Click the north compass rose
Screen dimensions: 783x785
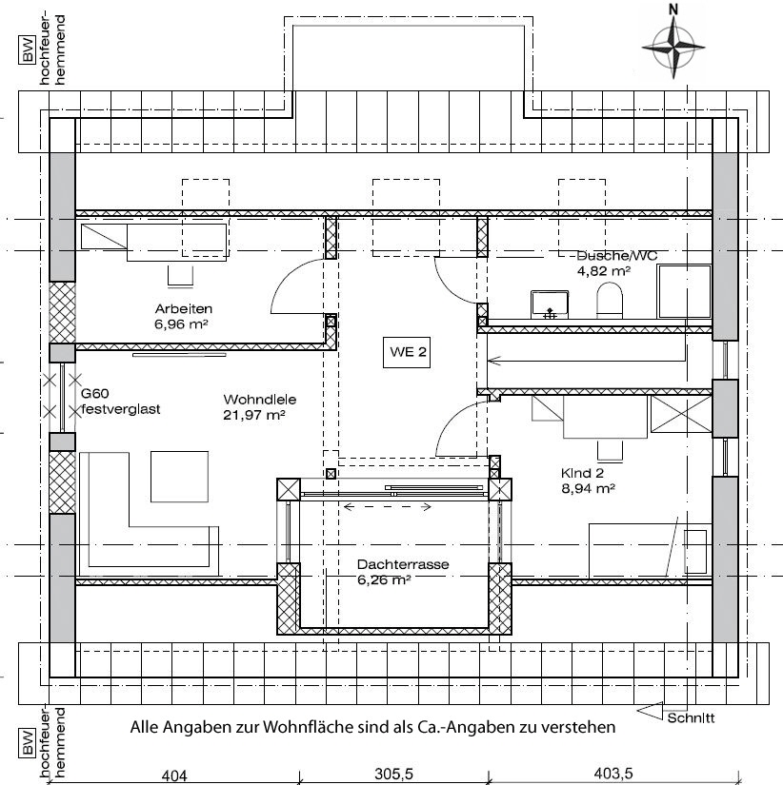point(673,47)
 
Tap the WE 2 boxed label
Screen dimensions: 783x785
point(407,352)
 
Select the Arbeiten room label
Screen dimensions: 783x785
point(184,308)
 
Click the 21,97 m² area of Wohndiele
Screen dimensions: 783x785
point(254,415)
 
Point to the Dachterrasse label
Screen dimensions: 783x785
point(403,564)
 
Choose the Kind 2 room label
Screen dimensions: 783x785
point(583,473)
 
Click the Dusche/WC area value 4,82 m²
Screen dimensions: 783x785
point(604,271)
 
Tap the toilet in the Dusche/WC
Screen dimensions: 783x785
point(609,300)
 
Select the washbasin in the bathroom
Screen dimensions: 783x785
point(550,304)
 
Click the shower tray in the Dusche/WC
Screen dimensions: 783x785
point(684,291)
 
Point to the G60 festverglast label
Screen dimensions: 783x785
point(120,402)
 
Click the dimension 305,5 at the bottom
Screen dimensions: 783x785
point(394,774)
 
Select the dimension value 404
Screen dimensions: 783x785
point(174,775)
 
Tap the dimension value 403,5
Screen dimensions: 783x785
point(612,774)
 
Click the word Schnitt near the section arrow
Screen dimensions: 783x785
point(691,718)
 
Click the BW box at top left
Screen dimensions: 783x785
point(27,49)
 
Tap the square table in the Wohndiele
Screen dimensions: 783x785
point(179,477)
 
